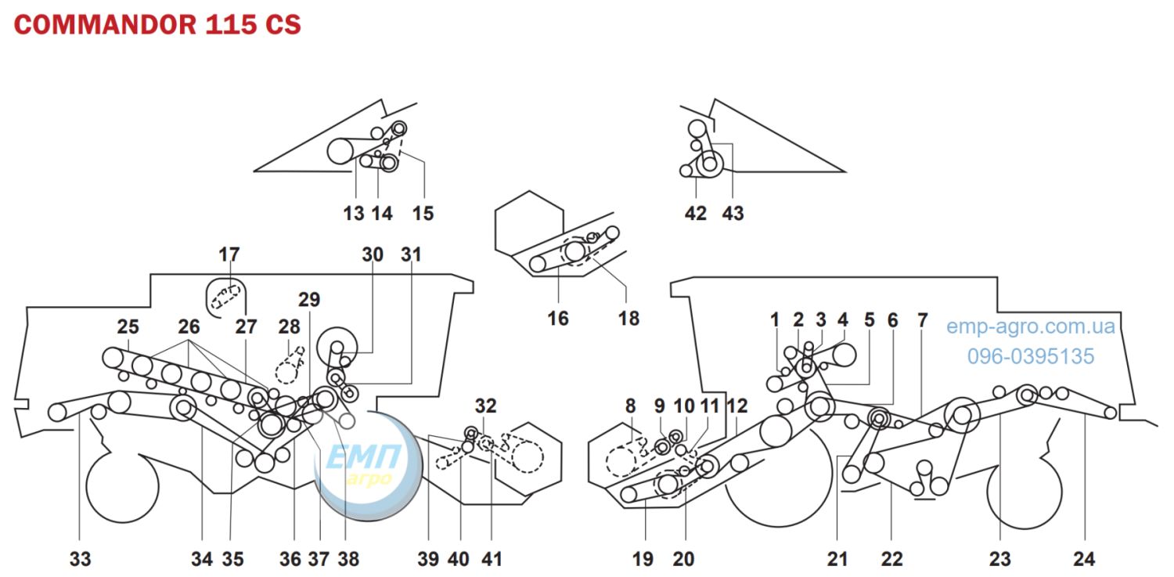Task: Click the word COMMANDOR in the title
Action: [105, 24]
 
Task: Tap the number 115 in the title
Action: [231, 24]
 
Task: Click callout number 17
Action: [229, 254]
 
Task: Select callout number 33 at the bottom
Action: [80, 559]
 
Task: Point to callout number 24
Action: [1084, 559]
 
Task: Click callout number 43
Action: [733, 213]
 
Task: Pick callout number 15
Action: [423, 213]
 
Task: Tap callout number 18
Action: [628, 318]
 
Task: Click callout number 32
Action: [485, 406]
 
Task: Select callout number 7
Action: [923, 319]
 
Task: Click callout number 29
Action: [308, 299]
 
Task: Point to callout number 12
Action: [737, 406]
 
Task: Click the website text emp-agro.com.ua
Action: [1031, 326]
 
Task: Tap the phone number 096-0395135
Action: [1031, 356]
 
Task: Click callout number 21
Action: [837, 559]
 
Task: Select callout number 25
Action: [128, 326]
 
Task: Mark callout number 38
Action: [348, 559]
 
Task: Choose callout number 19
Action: [643, 559]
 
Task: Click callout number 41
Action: [492, 559]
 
